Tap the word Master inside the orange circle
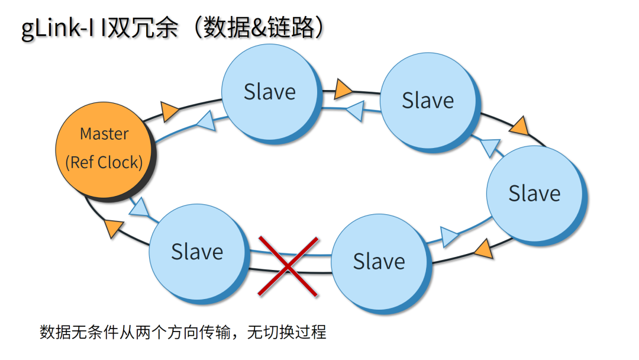click(104, 134)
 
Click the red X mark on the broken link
click(288, 266)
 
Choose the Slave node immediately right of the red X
click(379, 262)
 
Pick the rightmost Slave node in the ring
click(534, 194)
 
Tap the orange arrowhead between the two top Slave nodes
click(343, 90)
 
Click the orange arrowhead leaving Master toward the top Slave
click(170, 110)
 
